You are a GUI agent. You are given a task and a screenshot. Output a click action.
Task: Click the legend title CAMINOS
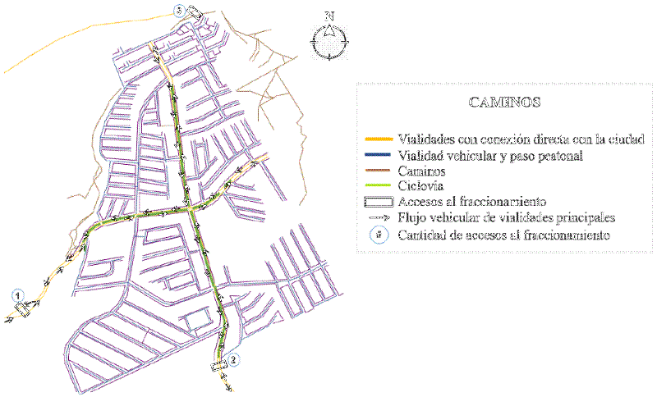click(503, 103)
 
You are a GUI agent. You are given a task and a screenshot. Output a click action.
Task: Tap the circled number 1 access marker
click(18, 294)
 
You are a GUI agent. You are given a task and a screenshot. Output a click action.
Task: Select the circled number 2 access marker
click(234, 358)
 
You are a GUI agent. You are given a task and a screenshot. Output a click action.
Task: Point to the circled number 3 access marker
click(179, 10)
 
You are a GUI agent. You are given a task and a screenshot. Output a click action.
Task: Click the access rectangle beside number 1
click(22, 309)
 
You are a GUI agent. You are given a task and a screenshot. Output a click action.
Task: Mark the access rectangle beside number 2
click(219, 366)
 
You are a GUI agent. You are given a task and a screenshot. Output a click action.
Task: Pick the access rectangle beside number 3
click(195, 11)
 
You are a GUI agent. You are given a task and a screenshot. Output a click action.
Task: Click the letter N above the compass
click(329, 16)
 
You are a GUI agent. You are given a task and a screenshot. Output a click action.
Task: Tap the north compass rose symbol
click(329, 41)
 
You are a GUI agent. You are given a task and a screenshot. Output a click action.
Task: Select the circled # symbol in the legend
click(378, 235)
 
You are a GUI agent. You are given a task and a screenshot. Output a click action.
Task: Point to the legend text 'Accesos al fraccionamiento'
click(471, 202)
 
